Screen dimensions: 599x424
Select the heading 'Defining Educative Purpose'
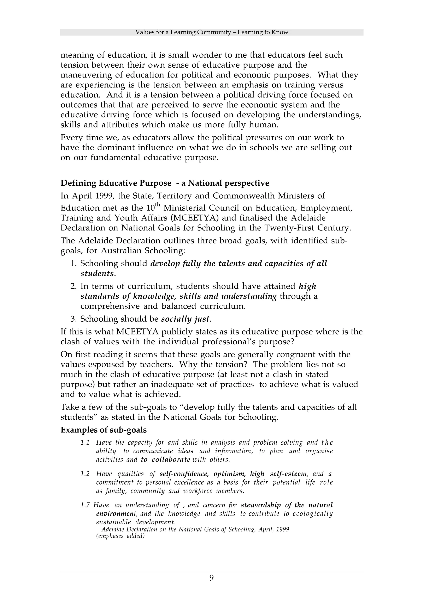click(116, 183)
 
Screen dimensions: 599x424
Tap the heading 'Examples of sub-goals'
click(104, 430)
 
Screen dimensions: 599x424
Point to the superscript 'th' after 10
click(157, 205)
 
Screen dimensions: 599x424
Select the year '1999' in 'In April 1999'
click(102, 196)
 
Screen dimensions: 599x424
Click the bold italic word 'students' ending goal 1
click(97, 274)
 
